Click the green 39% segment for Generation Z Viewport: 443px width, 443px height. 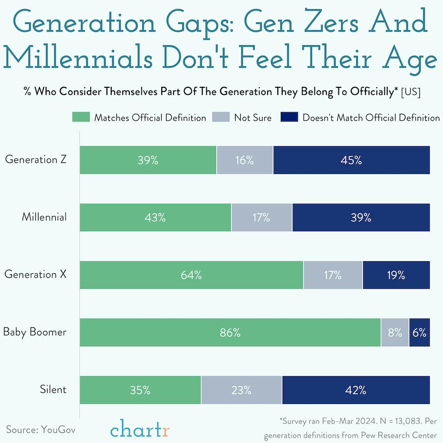(x=148, y=160)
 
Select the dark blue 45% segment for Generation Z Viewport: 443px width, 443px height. (x=351, y=160)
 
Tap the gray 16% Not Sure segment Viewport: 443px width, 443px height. (x=245, y=160)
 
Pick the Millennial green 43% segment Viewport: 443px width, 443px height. (x=155, y=218)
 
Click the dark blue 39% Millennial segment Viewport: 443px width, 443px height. (x=361, y=218)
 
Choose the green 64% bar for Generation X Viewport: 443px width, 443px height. (x=191, y=275)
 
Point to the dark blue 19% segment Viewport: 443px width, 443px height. (x=396, y=275)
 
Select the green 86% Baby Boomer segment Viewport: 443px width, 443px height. (x=230, y=333)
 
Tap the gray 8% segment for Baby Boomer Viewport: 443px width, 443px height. (x=395, y=333)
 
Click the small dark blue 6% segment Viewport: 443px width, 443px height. (x=420, y=333)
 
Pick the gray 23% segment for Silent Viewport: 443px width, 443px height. (x=241, y=390)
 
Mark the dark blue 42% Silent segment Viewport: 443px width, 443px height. (x=356, y=390)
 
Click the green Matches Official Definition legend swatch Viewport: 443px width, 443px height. (x=81, y=117)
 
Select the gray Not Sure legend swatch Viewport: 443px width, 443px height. (x=221, y=117)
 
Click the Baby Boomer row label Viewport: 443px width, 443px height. (x=35, y=332)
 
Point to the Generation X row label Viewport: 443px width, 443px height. (x=35, y=274)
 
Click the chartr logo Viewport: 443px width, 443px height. (x=140, y=429)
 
